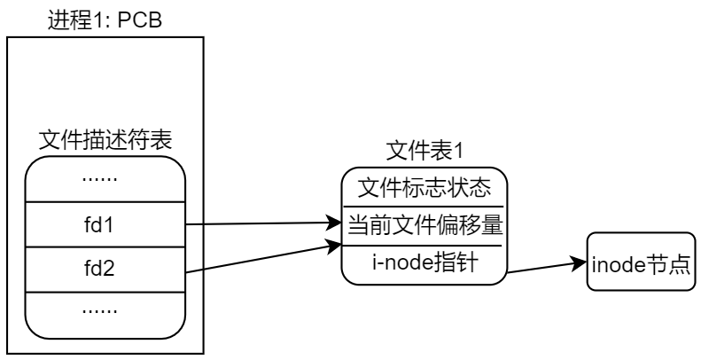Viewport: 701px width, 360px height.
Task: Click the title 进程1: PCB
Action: [105, 18]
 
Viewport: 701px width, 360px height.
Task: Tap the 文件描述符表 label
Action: [105, 140]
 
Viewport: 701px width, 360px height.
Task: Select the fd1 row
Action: [105, 224]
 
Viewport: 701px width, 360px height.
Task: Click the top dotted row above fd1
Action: [105, 180]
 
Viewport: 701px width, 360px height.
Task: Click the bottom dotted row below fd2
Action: [105, 310]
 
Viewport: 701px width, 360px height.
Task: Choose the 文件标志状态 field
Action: [424, 190]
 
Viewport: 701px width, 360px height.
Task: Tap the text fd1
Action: [105, 224]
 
